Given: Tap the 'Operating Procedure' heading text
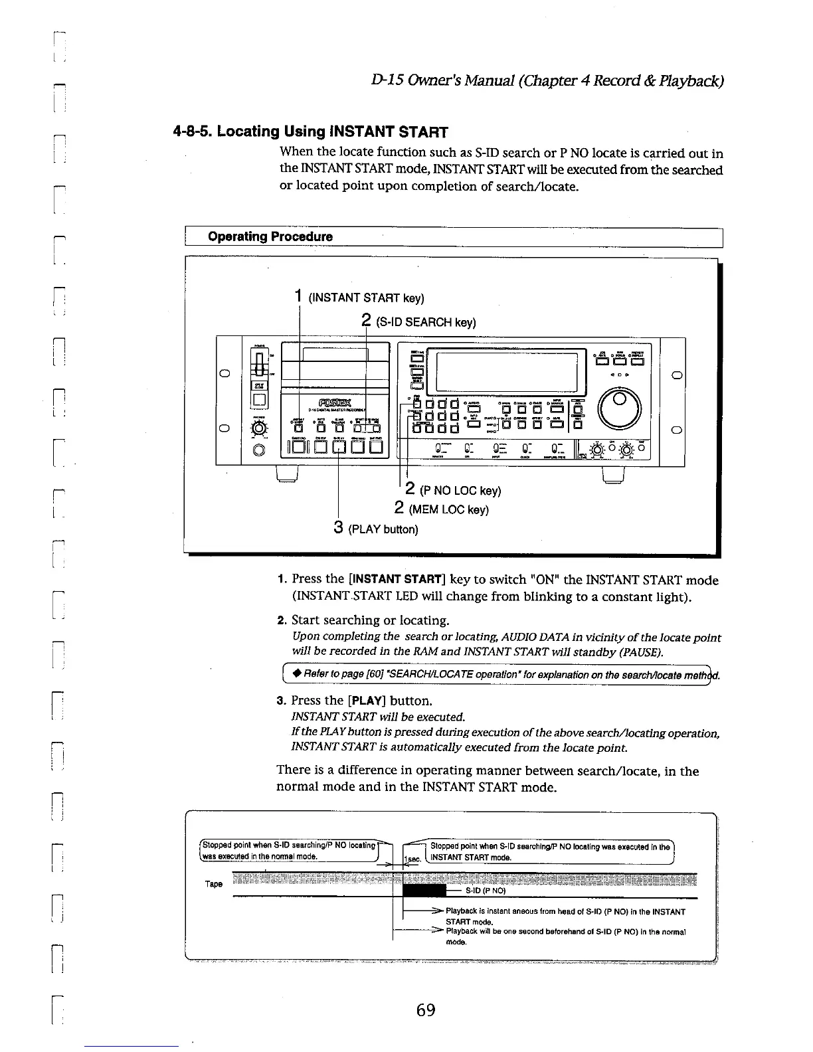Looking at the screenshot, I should click(270, 236).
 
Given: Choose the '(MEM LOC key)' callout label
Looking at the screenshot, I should click(450, 509).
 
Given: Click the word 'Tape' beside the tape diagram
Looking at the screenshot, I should click(214, 885).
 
